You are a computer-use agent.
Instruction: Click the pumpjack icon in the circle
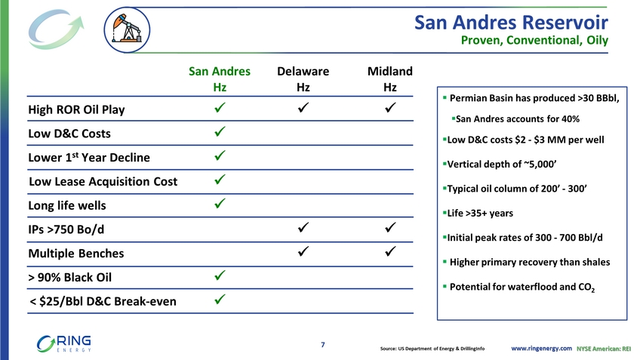127,29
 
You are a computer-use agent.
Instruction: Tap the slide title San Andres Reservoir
511,23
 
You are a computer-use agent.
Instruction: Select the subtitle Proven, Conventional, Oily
534,41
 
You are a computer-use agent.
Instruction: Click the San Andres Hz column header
220,78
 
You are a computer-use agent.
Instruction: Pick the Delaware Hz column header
303,78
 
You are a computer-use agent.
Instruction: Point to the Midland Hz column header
389,78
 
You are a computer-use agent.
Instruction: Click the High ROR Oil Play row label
76,109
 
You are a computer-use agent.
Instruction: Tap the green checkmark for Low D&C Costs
220,131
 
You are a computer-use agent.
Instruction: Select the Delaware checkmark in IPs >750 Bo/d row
303,227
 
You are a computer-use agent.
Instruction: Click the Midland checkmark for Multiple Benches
390,251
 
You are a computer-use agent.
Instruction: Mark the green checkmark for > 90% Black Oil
220,275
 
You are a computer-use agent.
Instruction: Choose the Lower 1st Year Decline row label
89,157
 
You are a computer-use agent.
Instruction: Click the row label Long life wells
67,205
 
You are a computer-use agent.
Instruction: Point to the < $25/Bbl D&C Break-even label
103,301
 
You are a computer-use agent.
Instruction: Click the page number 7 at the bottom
323,345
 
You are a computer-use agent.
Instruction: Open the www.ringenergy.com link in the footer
541,348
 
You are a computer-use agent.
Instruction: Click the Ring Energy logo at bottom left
63,343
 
